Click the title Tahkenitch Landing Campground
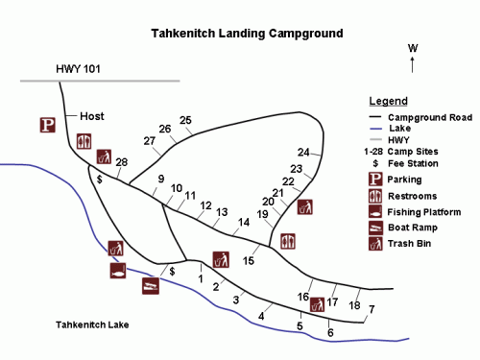(247, 33)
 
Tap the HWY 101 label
(80, 68)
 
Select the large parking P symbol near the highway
(46, 125)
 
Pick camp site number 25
(185, 120)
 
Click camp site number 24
(303, 153)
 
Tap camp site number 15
(249, 260)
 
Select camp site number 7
(372, 308)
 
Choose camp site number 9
(161, 180)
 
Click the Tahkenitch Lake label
(92, 324)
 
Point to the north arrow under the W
(413, 64)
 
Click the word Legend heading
(389, 101)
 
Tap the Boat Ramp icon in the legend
(375, 228)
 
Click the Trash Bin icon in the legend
(375, 244)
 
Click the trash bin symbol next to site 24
(305, 206)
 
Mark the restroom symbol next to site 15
(288, 241)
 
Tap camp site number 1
(201, 278)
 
